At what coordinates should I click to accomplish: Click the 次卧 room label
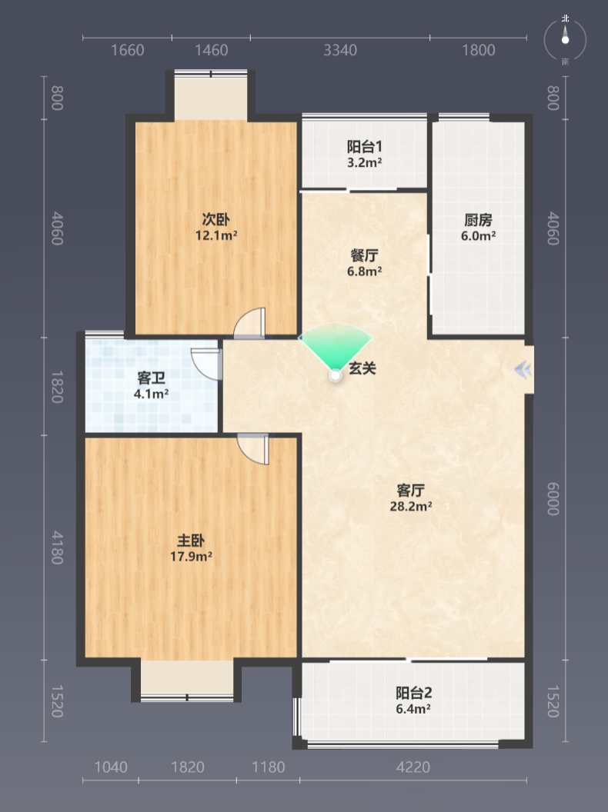216,220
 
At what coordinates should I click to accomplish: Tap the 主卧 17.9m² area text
192,557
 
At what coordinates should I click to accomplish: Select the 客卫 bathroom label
152,378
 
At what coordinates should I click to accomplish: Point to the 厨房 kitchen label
478,220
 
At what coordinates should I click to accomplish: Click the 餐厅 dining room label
364,255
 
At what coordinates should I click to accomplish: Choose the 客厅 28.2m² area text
411,507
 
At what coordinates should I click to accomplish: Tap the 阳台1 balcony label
364,147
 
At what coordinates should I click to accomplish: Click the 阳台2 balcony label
413,693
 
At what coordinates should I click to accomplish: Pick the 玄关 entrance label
362,368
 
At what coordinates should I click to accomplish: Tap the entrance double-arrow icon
523,370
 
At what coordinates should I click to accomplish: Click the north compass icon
565,39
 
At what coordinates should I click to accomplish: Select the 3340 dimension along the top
340,50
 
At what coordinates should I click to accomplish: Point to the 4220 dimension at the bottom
413,767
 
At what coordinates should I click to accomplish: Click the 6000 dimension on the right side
553,499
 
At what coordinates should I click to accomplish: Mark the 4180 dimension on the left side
57,547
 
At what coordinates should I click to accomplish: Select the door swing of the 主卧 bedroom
253,448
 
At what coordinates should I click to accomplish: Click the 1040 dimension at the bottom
110,767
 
